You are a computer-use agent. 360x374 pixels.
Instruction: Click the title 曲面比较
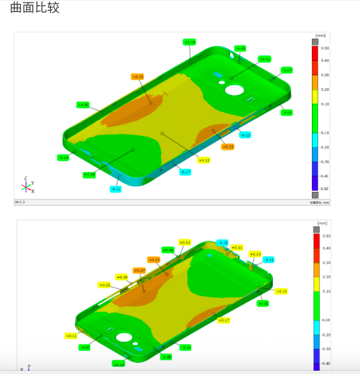click(x=30, y=9)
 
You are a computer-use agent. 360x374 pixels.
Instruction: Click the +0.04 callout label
click(x=189, y=42)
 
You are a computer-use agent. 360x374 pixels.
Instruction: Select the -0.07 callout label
click(x=286, y=70)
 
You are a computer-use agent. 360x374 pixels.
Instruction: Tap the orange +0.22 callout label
click(x=138, y=77)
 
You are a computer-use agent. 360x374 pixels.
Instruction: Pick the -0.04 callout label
click(x=63, y=158)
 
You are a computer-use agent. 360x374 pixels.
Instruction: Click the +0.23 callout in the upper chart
click(x=228, y=146)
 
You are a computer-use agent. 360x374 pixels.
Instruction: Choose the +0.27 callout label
click(x=139, y=270)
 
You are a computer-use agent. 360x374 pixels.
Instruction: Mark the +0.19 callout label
click(x=121, y=277)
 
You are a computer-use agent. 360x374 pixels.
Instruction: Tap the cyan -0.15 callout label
click(x=222, y=243)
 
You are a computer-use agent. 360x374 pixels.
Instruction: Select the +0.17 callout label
click(x=224, y=320)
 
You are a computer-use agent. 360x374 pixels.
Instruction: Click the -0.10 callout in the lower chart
click(x=185, y=347)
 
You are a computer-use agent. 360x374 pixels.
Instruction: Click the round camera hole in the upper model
click(x=234, y=90)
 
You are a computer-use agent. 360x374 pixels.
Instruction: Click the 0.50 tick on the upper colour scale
click(x=324, y=48)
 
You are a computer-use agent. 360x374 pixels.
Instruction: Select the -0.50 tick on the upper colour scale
click(x=324, y=189)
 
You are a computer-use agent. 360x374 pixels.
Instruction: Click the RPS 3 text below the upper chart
click(x=20, y=202)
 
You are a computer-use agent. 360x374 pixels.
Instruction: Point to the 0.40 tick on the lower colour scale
click(x=326, y=248)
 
